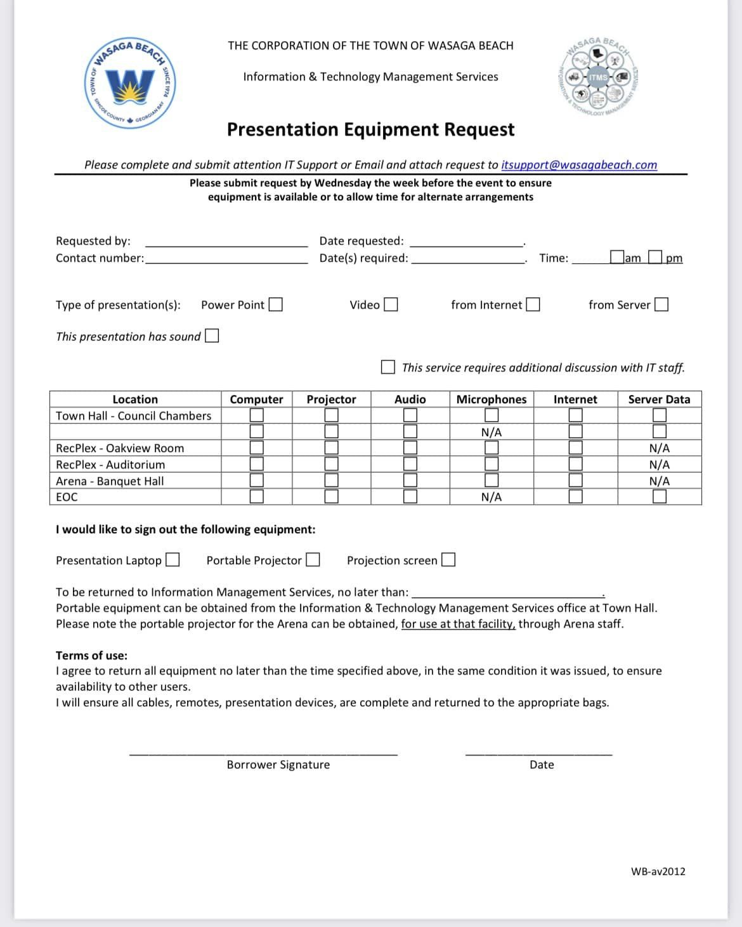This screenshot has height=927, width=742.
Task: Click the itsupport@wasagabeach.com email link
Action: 579,165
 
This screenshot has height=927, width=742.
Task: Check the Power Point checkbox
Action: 275,305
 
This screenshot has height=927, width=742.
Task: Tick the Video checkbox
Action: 391,305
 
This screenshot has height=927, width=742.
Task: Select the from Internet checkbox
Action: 533,305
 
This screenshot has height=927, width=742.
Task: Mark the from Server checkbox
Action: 661,305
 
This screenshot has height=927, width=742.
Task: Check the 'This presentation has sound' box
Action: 212,335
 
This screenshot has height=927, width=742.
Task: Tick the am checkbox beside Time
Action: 616,257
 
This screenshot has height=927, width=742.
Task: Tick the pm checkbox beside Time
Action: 655,257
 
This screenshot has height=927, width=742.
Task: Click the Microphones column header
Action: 491,399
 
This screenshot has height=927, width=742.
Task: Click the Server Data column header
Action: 659,399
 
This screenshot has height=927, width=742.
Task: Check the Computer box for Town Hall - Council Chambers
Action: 256,415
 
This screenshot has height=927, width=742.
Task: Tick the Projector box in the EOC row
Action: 331,496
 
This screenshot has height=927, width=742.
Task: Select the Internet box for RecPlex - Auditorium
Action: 575,464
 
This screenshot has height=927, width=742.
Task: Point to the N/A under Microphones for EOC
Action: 491,497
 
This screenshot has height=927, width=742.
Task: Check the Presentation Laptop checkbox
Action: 172,560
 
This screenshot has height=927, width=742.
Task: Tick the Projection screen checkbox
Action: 448,560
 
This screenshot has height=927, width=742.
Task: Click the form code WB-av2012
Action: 658,871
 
